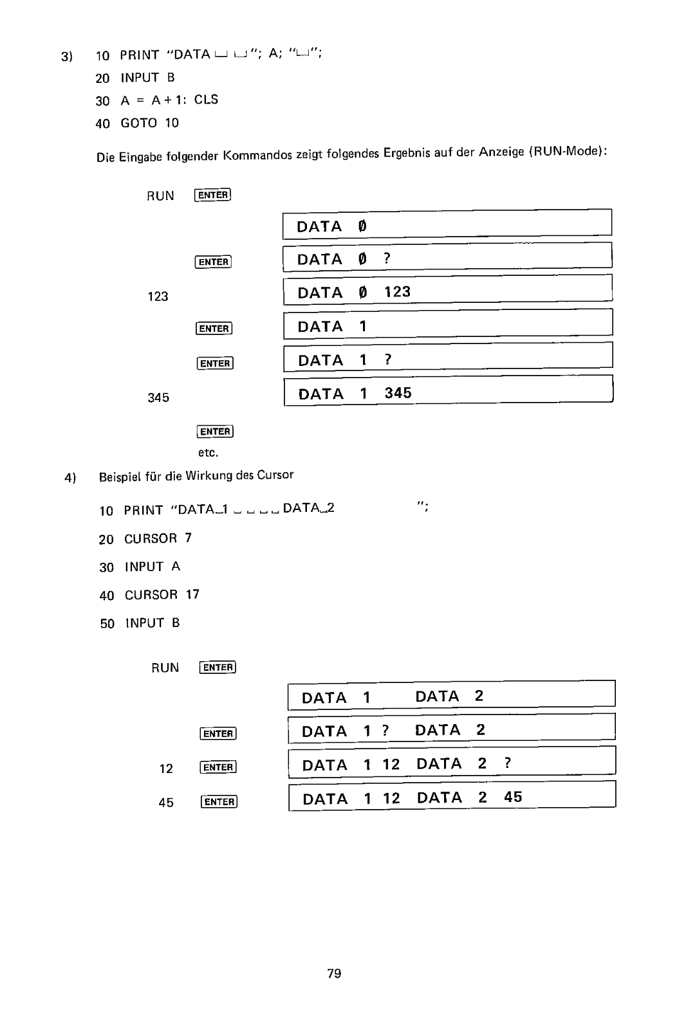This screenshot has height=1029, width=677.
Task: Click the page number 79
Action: [334, 974]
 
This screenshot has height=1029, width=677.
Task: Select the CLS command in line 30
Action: [206, 100]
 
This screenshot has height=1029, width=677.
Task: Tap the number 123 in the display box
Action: [397, 292]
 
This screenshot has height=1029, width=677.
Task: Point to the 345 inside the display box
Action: [398, 393]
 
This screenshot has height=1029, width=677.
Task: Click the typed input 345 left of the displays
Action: [158, 397]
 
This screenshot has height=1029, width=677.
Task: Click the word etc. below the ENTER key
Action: [208, 453]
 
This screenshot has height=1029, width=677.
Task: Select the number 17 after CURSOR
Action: [192, 594]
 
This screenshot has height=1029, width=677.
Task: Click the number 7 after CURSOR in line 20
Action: [188, 538]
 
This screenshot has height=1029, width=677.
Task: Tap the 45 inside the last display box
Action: [513, 797]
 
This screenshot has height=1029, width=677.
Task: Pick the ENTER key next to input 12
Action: [219, 767]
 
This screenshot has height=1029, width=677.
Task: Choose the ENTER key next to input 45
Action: [219, 801]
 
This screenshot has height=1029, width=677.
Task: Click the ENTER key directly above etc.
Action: [215, 432]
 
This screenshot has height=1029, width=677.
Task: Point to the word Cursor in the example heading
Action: [275, 475]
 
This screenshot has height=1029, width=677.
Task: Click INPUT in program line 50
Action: [144, 623]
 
